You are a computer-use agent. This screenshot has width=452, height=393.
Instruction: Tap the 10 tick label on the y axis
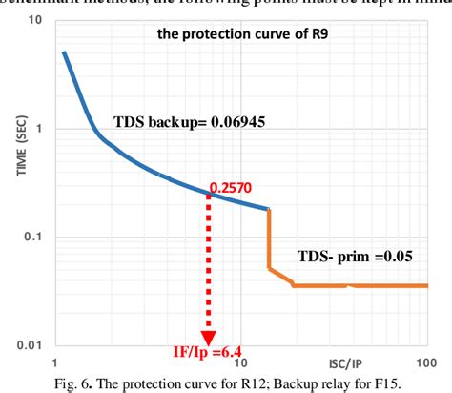click(x=33, y=18)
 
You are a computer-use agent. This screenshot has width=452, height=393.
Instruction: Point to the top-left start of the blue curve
click(x=64, y=52)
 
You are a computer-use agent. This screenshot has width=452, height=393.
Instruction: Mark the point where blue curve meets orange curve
click(x=270, y=208)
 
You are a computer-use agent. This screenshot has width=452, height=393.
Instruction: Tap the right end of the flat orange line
click(x=426, y=285)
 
